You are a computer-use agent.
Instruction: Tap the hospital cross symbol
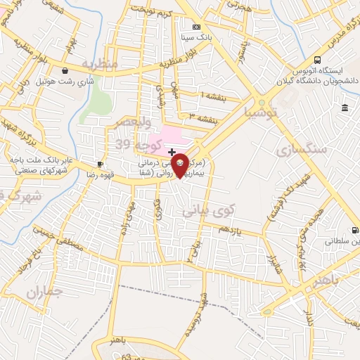(172, 152)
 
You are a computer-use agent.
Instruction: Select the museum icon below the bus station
(345, 108)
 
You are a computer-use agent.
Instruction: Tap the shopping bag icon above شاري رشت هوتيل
(65, 71)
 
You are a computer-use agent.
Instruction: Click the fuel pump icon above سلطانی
(354, 230)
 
